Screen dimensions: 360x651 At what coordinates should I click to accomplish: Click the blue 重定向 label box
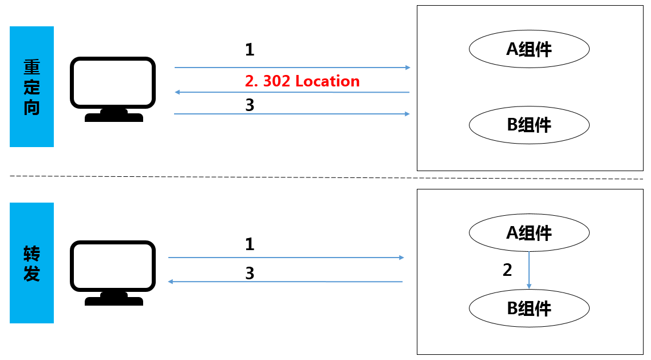coord(31,86)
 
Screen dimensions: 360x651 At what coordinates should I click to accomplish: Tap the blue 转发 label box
coord(31,263)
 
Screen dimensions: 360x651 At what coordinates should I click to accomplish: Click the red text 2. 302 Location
coord(302,81)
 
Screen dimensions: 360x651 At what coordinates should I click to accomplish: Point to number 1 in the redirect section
coord(250,50)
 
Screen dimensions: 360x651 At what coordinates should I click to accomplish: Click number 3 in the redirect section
coord(250,105)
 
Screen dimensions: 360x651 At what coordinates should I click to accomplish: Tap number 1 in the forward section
coord(250,245)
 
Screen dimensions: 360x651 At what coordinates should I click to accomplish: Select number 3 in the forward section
coord(250,274)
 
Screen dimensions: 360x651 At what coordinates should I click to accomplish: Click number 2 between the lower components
coord(507,270)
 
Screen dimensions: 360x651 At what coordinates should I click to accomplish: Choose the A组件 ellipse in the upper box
coord(529,49)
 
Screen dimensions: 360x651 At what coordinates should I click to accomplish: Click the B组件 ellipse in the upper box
coord(529,124)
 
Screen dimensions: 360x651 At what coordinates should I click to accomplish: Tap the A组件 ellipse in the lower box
coord(529,232)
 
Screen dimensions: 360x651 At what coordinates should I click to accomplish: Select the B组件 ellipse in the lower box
coord(529,308)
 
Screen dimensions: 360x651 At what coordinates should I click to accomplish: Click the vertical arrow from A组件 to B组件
coord(529,269)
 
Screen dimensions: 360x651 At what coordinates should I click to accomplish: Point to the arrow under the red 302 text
coord(292,92)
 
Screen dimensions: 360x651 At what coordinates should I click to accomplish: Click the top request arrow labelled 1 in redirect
coord(292,68)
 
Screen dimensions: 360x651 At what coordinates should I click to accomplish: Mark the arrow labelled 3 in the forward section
coord(285,282)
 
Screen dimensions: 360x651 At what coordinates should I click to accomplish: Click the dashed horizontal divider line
coord(326,177)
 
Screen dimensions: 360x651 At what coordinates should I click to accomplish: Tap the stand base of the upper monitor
coord(114,117)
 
